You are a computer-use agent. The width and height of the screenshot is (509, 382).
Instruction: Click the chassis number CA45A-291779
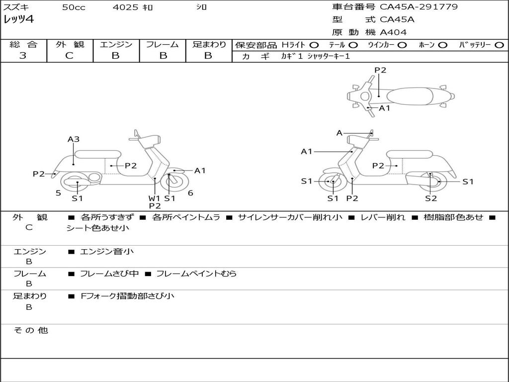(x=419, y=7)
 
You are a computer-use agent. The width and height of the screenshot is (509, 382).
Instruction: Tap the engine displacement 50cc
(x=74, y=7)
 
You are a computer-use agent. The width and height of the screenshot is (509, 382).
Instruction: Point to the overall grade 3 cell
(x=23, y=56)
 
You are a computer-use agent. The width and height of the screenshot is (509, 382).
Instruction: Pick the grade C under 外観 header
(x=70, y=56)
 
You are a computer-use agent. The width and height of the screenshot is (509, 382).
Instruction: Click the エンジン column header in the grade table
(x=116, y=44)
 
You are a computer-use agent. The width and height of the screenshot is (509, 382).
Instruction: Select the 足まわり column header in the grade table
(x=209, y=44)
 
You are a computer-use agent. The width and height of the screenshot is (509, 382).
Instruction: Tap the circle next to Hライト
(x=314, y=45)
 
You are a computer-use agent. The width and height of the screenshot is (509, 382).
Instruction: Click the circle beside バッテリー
(x=500, y=45)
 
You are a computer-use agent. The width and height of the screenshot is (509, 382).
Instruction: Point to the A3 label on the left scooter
(x=74, y=139)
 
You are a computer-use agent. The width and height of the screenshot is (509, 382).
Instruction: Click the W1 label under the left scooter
(x=155, y=198)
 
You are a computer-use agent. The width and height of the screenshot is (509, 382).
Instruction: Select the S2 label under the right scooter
(x=431, y=198)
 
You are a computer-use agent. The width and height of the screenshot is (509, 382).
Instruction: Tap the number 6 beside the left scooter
(x=190, y=193)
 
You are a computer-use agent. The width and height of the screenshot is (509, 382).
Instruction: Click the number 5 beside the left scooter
(x=58, y=193)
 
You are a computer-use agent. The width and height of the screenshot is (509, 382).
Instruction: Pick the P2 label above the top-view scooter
(x=380, y=70)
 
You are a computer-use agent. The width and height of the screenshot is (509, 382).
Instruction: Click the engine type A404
(x=393, y=32)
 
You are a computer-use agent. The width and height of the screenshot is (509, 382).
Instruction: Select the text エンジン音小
(x=107, y=252)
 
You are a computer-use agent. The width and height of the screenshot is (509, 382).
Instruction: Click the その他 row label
(x=30, y=330)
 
